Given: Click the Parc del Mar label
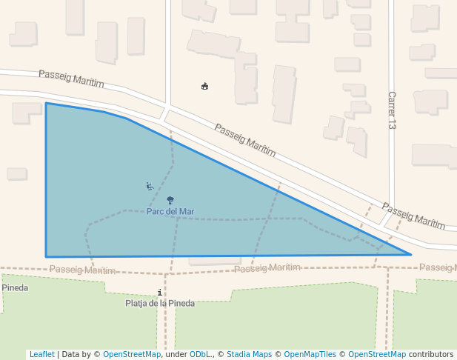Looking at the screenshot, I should click(x=170, y=211).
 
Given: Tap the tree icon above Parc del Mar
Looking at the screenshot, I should click(x=170, y=200).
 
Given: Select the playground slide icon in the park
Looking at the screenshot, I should click(x=150, y=186).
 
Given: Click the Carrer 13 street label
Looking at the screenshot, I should click(x=392, y=110).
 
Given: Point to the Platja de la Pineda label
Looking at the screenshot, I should click(x=160, y=303).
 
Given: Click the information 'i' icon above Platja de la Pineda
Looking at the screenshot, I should click(x=160, y=293).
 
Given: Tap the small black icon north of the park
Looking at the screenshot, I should click(x=205, y=87).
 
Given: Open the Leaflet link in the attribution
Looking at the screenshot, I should click(x=41, y=355).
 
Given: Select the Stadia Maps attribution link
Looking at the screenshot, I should click(x=249, y=355).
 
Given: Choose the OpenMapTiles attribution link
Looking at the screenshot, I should click(x=311, y=355).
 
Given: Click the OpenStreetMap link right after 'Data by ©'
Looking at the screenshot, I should click(x=131, y=355).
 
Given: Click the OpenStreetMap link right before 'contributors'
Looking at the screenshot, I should click(x=376, y=355).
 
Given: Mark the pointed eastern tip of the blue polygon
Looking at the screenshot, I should click(x=410, y=254).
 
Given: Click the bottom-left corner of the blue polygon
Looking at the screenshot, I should click(x=47, y=257).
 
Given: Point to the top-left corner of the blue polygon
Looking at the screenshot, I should click(x=46, y=103).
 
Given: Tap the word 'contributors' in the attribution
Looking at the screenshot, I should click(x=431, y=355).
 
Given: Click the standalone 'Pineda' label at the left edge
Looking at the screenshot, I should click(x=15, y=287).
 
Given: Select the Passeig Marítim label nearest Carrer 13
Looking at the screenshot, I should click(x=413, y=215).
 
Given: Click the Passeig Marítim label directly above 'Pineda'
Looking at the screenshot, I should click(x=83, y=270).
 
